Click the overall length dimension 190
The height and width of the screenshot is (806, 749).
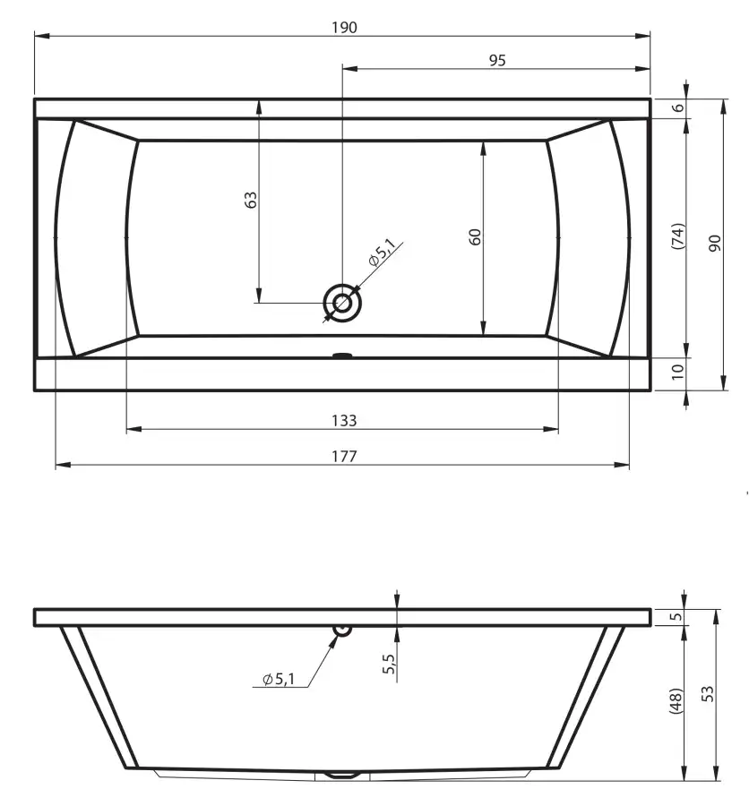click(x=344, y=27)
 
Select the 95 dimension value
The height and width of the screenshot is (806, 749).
click(x=497, y=61)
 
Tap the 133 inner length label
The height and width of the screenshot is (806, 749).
click(x=344, y=421)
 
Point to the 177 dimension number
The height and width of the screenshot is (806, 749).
click(x=344, y=457)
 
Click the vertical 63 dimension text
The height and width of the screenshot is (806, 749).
click(x=251, y=200)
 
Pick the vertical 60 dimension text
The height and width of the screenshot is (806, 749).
click(x=475, y=237)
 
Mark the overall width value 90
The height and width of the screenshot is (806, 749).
click(x=715, y=243)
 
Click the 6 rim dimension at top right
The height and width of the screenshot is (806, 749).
click(x=678, y=108)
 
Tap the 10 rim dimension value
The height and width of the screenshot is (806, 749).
click(x=678, y=371)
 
